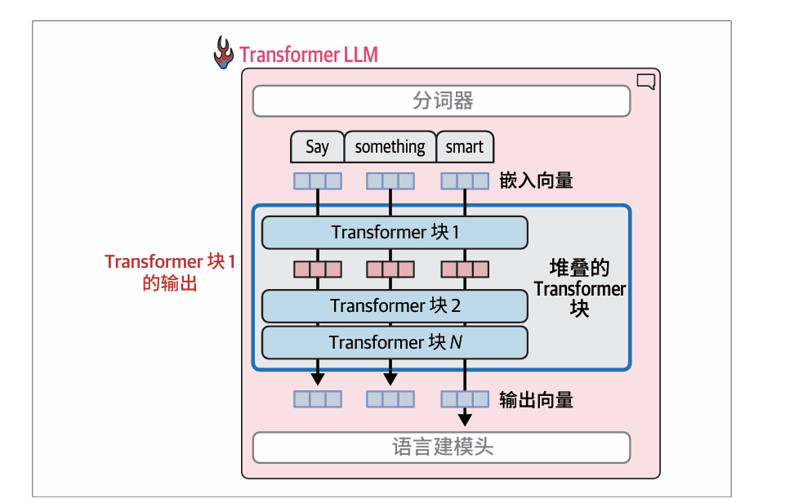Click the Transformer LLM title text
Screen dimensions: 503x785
pos(308,55)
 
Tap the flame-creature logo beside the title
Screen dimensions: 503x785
pos(223,53)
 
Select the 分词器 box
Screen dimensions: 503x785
pos(441,101)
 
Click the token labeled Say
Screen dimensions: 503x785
pos(317,147)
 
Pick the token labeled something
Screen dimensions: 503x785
pos(390,147)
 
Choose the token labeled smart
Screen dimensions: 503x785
pos(465,147)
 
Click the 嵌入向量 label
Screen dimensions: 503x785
pos(536,180)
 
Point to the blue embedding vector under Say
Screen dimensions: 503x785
pos(318,180)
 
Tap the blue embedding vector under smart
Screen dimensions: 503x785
pos(465,180)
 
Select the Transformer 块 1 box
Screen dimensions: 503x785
pos(395,233)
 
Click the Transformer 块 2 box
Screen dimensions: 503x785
pos(395,306)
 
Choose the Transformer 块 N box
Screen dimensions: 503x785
pos(395,343)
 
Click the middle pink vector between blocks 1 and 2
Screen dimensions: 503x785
pos(390,269)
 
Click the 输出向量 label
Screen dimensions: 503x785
pos(536,399)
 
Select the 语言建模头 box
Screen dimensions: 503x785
pos(441,447)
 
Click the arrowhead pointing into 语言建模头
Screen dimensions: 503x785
pos(465,420)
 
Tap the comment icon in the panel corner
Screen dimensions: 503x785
pos(645,81)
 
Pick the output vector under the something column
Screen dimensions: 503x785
pos(390,399)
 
